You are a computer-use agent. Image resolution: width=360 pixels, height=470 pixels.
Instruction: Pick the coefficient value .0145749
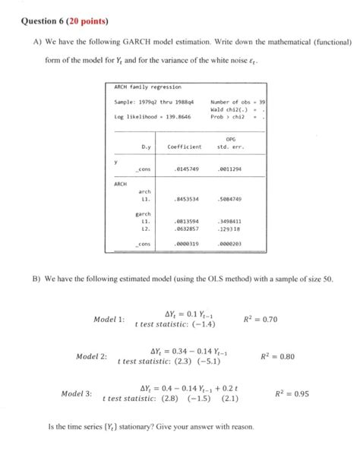[186, 168]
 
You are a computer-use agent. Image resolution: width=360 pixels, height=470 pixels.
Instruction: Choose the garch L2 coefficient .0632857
[186, 228]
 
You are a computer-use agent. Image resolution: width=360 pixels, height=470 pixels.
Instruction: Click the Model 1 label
[109, 319]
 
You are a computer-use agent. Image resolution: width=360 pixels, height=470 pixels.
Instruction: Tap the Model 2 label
[92, 356]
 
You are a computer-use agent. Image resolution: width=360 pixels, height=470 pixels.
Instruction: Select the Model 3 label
[77, 393]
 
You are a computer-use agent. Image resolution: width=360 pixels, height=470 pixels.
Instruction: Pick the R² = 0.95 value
[292, 393]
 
